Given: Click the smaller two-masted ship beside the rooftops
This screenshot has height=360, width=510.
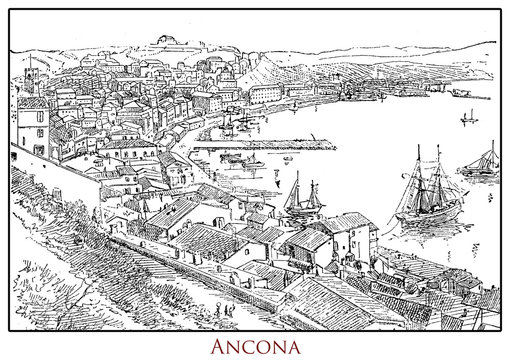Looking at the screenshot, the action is [x=301, y=200].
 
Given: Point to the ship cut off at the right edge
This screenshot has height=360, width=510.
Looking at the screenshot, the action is [x=482, y=163].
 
